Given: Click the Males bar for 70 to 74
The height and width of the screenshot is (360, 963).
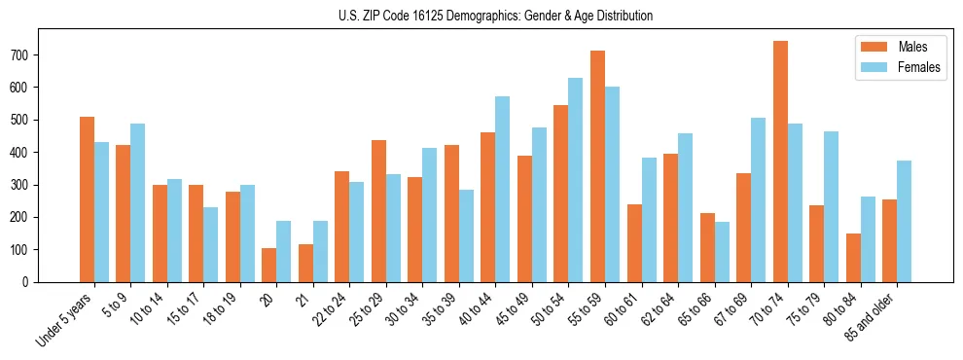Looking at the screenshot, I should tap(780, 162).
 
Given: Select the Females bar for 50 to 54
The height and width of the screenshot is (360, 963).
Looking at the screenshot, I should tap(576, 180).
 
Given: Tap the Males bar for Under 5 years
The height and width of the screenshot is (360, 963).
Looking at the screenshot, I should tap(88, 199).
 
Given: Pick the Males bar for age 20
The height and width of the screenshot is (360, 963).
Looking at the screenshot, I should tap(269, 265).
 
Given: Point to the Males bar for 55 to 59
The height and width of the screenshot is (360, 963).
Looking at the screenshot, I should tap(598, 166).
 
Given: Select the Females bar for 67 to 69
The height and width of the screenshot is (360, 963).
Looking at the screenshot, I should tap(758, 199).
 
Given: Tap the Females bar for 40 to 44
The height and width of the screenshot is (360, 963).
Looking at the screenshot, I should tap(503, 189).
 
